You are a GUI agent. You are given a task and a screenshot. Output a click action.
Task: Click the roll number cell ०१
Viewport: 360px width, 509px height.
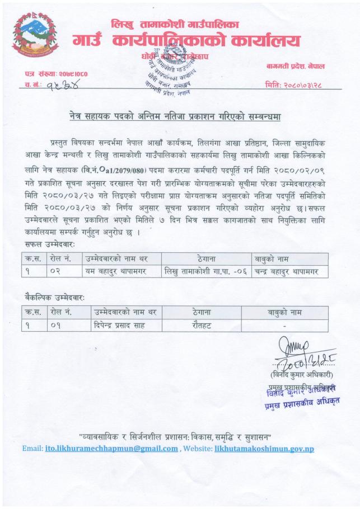[57, 324]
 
